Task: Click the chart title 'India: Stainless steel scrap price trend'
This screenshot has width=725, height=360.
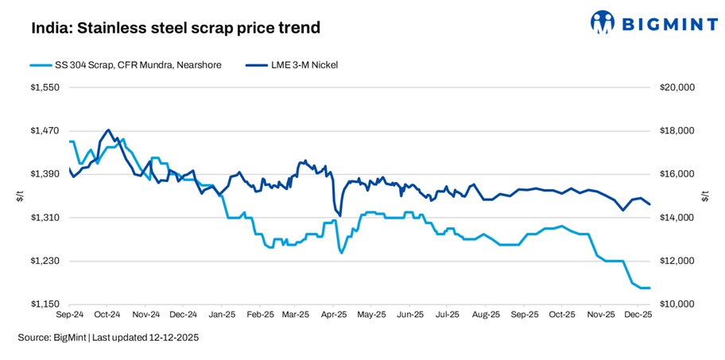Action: pos(176,29)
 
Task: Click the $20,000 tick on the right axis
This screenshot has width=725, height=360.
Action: pos(677,87)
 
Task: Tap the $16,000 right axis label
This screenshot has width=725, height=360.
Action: pos(677,174)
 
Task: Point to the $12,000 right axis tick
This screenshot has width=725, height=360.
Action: pos(677,261)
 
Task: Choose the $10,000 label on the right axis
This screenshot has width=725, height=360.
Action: pos(677,304)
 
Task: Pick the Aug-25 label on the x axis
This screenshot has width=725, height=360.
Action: pos(487,315)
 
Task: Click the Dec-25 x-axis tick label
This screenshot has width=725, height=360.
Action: pos(638,315)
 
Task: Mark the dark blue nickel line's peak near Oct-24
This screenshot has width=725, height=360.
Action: pos(108,130)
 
